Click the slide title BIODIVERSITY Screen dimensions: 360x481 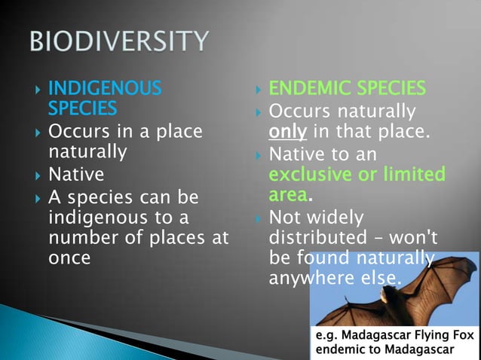click(118, 41)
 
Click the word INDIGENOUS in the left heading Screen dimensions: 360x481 click(105, 89)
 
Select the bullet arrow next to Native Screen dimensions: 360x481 click(37, 175)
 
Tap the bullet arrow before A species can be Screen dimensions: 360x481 click(37, 198)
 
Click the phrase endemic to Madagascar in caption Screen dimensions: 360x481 click(384, 350)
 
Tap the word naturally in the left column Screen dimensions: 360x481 click(87, 151)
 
